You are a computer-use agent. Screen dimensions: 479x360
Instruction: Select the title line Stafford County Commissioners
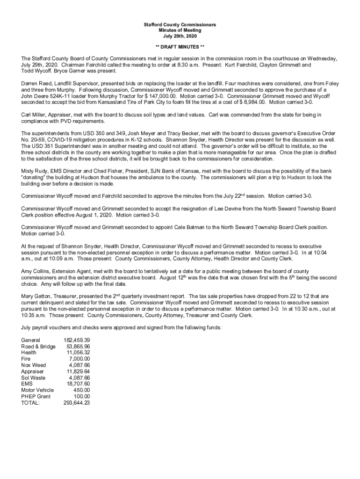pyautogui.click(x=180, y=24)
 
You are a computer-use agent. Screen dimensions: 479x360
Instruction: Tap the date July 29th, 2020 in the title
pyautogui.click(x=180, y=36)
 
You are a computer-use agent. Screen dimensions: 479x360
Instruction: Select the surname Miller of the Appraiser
pyautogui.click(x=42, y=115)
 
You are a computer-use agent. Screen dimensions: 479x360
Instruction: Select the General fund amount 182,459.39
pyautogui.click(x=76, y=340)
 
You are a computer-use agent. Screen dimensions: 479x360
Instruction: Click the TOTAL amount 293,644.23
pyautogui.click(x=76, y=402)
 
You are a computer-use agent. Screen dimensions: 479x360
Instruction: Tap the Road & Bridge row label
pyautogui.click(x=38, y=346)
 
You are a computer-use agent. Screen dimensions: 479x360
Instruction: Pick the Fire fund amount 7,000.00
pyautogui.click(x=79, y=358)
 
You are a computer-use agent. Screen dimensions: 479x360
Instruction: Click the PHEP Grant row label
pyautogui.click(x=36, y=396)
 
